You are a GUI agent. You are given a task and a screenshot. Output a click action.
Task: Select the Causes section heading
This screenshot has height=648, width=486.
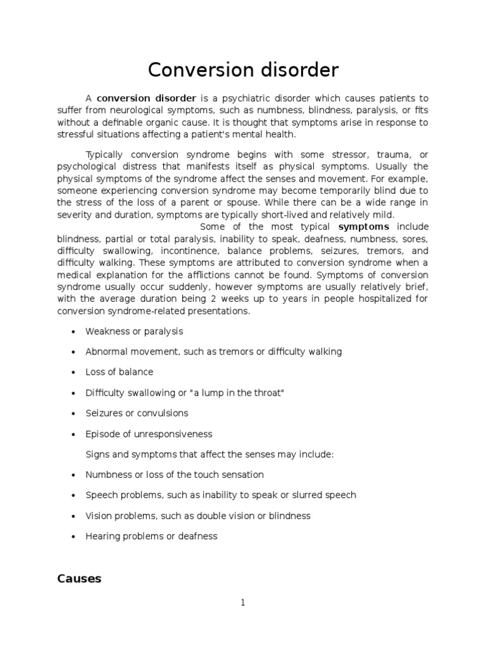pos(79,578)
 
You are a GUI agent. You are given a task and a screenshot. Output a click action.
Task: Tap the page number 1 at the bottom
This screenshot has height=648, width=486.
pos(243,603)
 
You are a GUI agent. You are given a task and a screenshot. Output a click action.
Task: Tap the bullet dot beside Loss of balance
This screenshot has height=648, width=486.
pos(75,373)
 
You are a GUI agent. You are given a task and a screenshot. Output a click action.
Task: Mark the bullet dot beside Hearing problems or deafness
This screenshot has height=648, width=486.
pos(75,537)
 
